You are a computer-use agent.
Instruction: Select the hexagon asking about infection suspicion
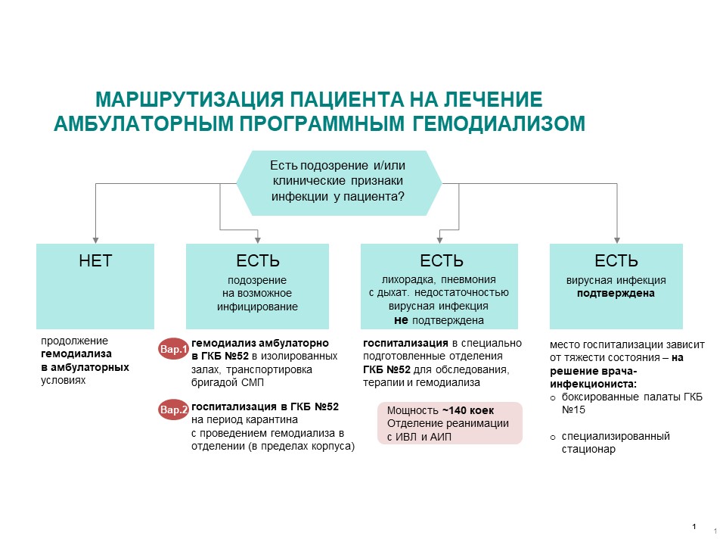click(x=338, y=182)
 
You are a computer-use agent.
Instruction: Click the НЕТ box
click(x=95, y=285)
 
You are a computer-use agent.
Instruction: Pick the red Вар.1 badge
click(x=173, y=350)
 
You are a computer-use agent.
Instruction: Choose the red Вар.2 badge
click(x=173, y=410)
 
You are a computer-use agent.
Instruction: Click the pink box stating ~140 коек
click(x=450, y=423)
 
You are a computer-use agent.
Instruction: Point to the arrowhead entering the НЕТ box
click(x=95, y=239)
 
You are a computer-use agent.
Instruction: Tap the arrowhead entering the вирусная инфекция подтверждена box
click(x=616, y=239)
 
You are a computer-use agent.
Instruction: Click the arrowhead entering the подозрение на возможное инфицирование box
click(x=258, y=239)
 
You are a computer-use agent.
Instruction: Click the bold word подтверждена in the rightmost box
click(x=616, y=293)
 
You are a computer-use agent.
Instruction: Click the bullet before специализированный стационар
click(x=553, y=437)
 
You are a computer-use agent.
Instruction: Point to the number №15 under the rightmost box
click(x=576, y=410)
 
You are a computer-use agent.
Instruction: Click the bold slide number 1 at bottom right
click(x=694, y=526)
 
